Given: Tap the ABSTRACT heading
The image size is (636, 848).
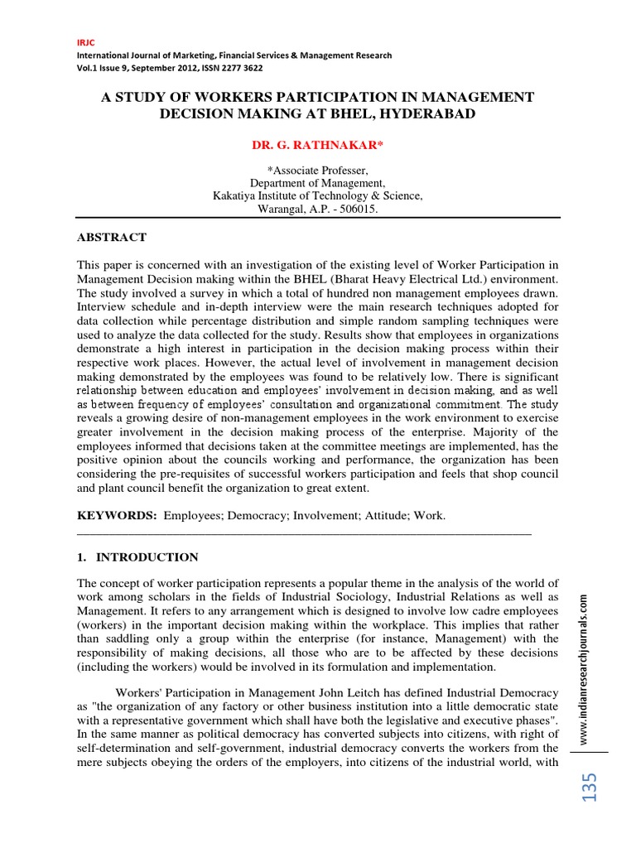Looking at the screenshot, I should click(112, 237).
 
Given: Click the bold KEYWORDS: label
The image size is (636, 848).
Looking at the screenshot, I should click(117, 515).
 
